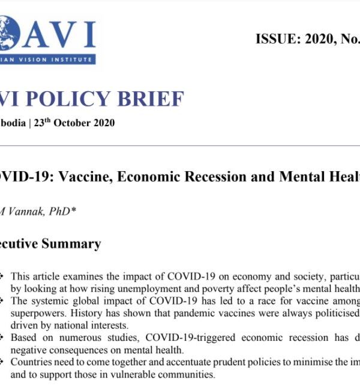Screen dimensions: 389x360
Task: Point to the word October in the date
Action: pos(77,123)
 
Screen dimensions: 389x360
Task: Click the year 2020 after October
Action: pos(105,123)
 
